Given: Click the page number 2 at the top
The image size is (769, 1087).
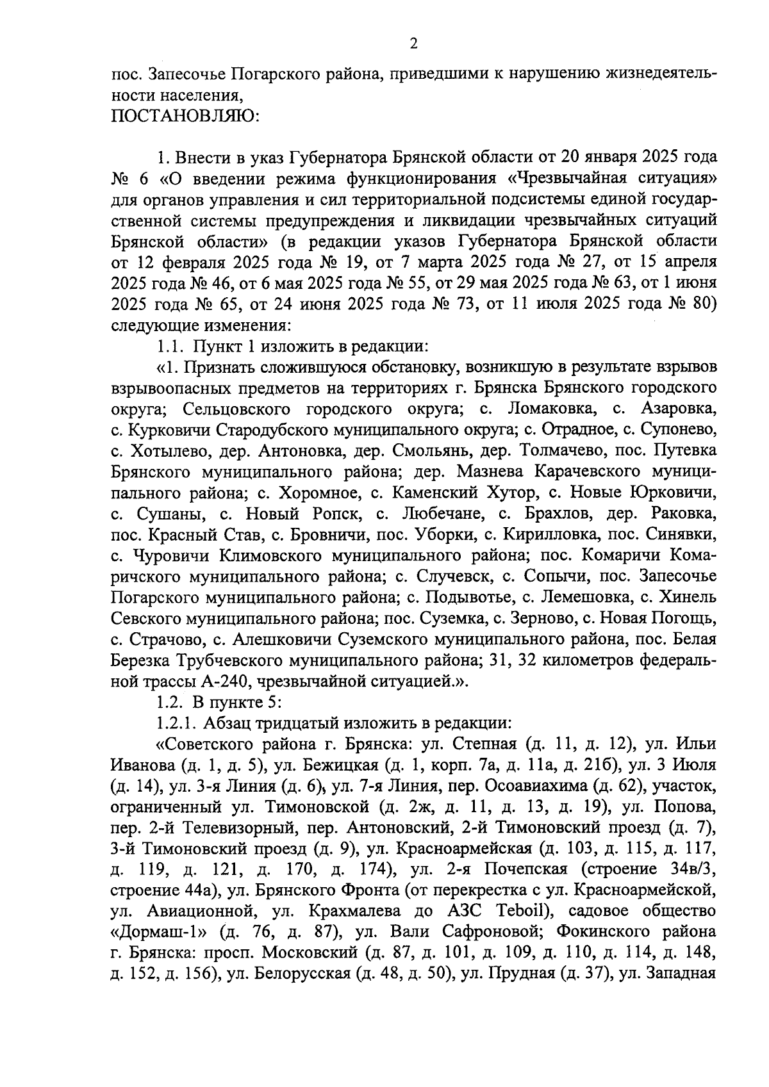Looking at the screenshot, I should point(413,44).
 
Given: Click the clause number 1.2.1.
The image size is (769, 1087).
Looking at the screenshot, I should point(176,723).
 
